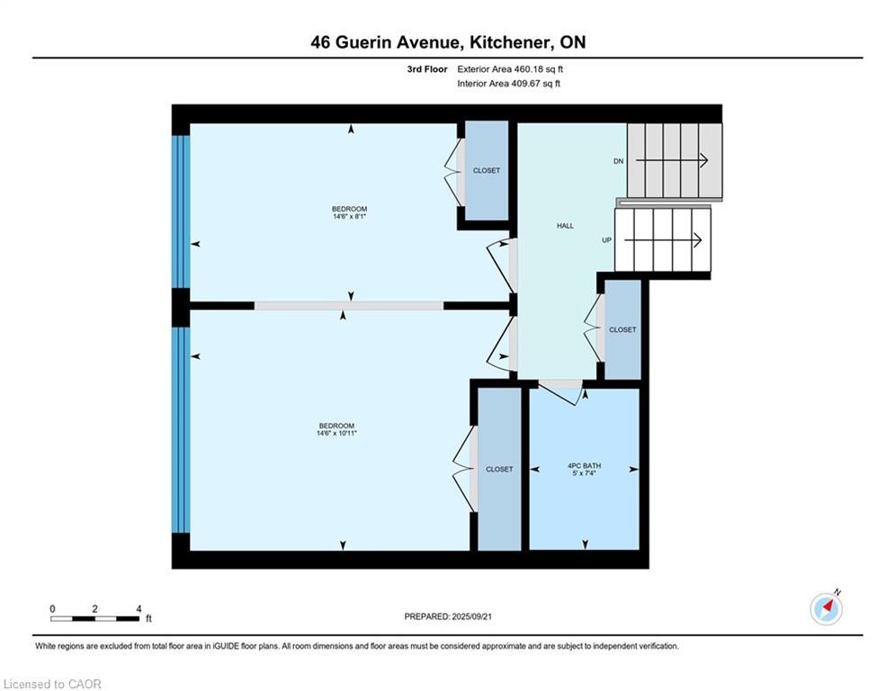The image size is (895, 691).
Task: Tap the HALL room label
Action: coord(565,226)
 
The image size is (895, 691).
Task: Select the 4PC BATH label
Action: coord(585,465)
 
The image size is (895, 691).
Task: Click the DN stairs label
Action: coord(618,162)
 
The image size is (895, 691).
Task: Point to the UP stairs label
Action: coord(607,240)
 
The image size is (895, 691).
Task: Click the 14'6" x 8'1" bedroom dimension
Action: coord(349,217)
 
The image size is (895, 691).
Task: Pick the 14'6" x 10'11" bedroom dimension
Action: coord(336,434)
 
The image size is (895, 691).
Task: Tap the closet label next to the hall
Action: coord(622,330)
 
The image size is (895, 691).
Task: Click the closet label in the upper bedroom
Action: coord(487,171)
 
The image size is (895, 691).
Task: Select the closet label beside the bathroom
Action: coord(499,470)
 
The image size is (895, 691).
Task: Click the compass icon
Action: coord(826,609)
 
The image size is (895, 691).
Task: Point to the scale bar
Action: coord(94,618)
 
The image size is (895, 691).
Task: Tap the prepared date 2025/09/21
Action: coord(471,616)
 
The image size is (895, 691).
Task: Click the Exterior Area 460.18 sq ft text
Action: coord(510,69)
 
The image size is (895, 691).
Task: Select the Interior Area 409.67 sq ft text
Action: coord(508,84)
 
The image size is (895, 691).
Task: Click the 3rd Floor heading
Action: coord(427,69)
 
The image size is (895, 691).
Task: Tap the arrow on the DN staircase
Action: coord(672,161)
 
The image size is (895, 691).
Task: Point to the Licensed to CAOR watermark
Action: coord(52,684)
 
